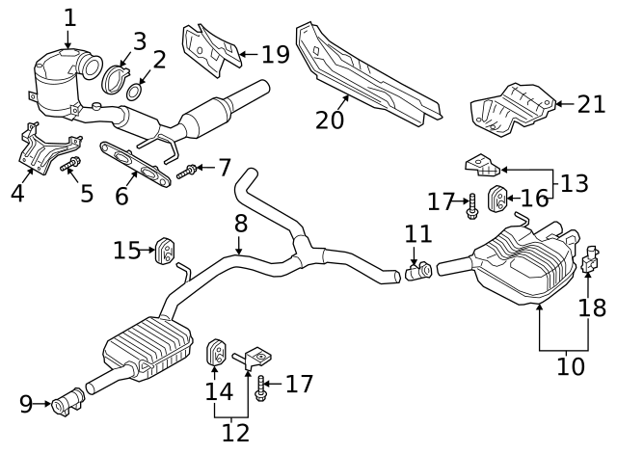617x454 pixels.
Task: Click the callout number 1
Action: click(x=68, y=16)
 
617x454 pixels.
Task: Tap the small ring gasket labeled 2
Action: click(x=136, y=93)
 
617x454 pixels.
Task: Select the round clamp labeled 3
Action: click(x=115, y=78)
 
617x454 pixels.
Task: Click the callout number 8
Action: click(x=240, y=224)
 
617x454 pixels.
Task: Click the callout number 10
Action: click(x=571, y=366)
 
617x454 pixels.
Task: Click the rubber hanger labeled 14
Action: click(x=218, y=353)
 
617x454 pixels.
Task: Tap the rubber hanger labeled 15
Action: click(x=165, y=251)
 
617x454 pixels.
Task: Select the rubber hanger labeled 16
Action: click(x=500, y=200)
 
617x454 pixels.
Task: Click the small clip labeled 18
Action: click(x=588, y=258)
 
